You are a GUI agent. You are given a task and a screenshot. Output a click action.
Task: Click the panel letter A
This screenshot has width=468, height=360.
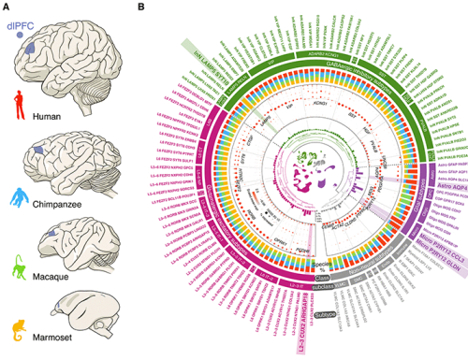[7, 7]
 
